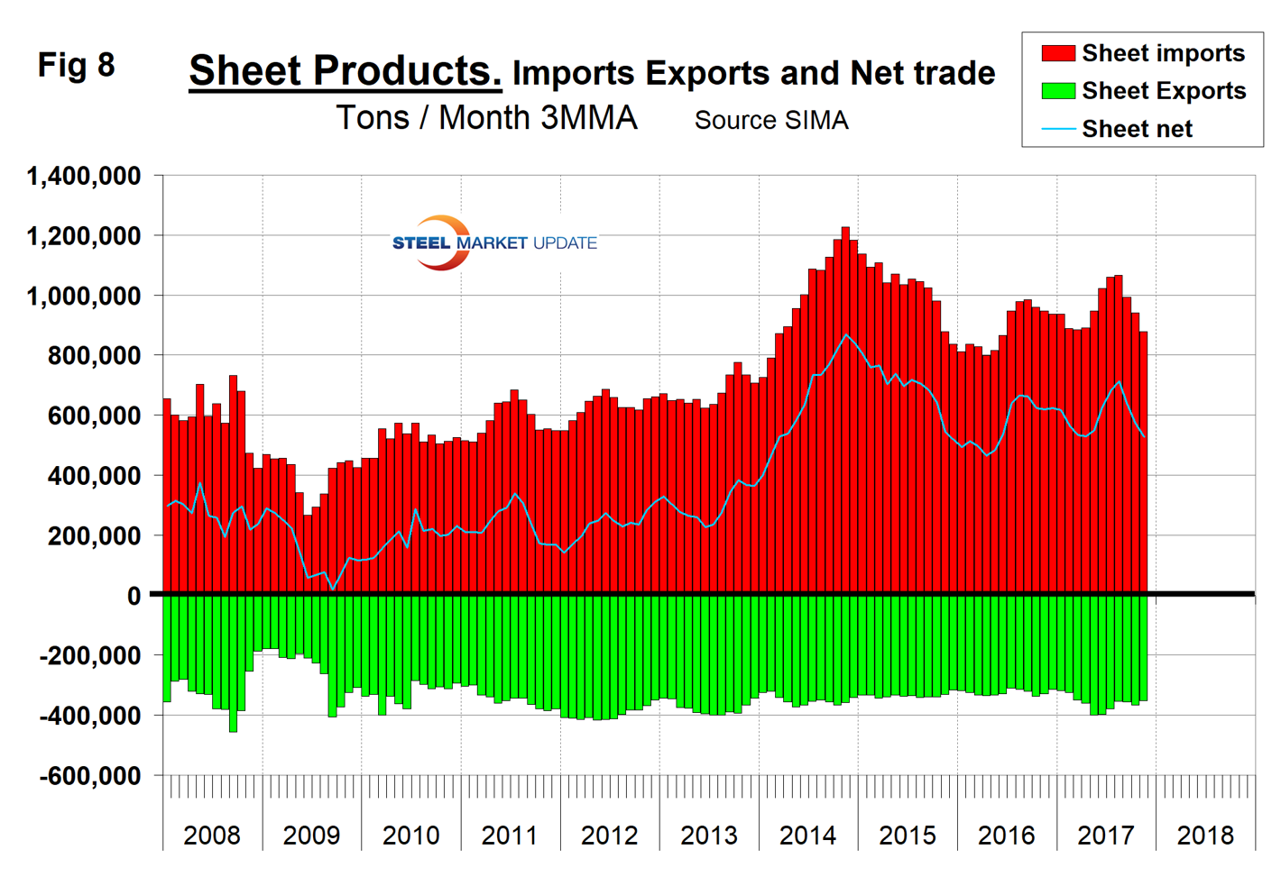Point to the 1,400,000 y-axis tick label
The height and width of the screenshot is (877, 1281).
[x=84, y=176]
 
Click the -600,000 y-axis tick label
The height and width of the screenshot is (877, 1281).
[x=90, y=775]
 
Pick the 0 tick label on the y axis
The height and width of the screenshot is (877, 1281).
[x=134, y=596]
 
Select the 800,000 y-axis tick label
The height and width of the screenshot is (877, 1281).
[x=94, y=356]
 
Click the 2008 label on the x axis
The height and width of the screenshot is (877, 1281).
[x=212, y=836]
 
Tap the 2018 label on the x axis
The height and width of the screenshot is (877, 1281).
[x=1205, y=836]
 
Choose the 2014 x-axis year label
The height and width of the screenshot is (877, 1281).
[x=807, y=836]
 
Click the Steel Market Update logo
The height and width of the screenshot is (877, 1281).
[x=493, y=242]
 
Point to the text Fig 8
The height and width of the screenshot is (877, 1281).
[x=77, y=65]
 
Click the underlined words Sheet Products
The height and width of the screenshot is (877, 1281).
[x=345, y=70]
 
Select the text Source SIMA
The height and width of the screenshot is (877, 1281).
[x=771, y=120]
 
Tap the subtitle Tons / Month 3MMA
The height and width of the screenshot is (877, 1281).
[x=486, y=118]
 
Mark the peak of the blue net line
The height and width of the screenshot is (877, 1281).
[x=845, y=335]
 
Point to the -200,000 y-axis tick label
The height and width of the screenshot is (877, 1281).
[x=90, y=655]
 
